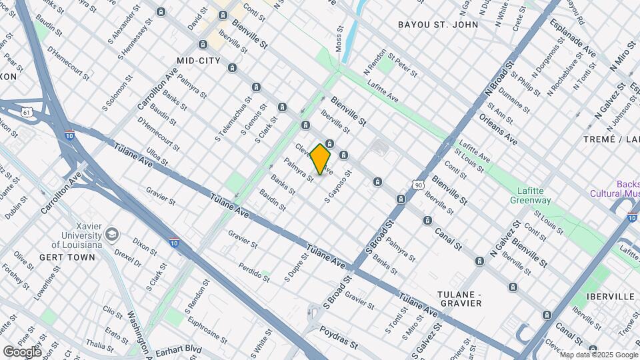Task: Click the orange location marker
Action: click(x=321, y=159)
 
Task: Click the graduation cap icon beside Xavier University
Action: click(x=111, y=234)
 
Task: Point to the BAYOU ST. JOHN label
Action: click(x=438, y=25)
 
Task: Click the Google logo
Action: click(x=22, y=352)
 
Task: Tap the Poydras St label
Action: click(x=338, y=338)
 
